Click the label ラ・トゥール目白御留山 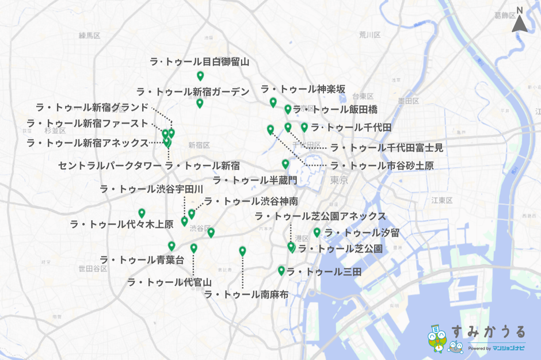pos(199,62)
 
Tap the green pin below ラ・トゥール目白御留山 pos(200,76)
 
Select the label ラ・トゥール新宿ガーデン pos(193,91)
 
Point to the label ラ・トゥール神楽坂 pos(303,89)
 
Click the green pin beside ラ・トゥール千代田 pos(304,127)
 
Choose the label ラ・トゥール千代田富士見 pos(386,148)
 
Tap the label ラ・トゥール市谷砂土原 pos(382,166)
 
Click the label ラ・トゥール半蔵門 pos(255,180)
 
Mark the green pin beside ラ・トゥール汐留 pos(317,232)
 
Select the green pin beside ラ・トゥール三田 pos(281,270)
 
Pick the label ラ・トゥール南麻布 pos(246,294)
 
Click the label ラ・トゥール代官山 pos(169,282)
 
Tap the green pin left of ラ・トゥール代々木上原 pos(142,213)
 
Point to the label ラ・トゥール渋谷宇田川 pos(151,189)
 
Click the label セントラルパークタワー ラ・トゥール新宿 pos(148,166)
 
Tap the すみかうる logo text pos(488,332)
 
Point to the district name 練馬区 pos(89,36)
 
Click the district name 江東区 pos(442,200)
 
